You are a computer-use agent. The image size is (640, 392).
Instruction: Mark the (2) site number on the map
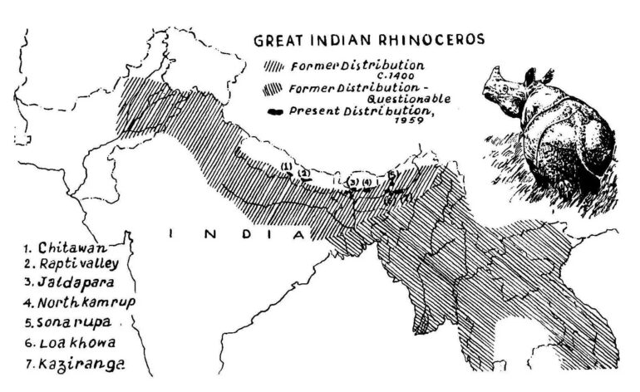tap(305, 172)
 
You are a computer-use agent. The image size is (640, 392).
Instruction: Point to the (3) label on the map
tap(352, 182)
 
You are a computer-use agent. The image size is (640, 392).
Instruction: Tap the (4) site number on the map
tap(367, 182)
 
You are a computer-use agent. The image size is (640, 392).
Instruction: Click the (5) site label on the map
tap(391, 174)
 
